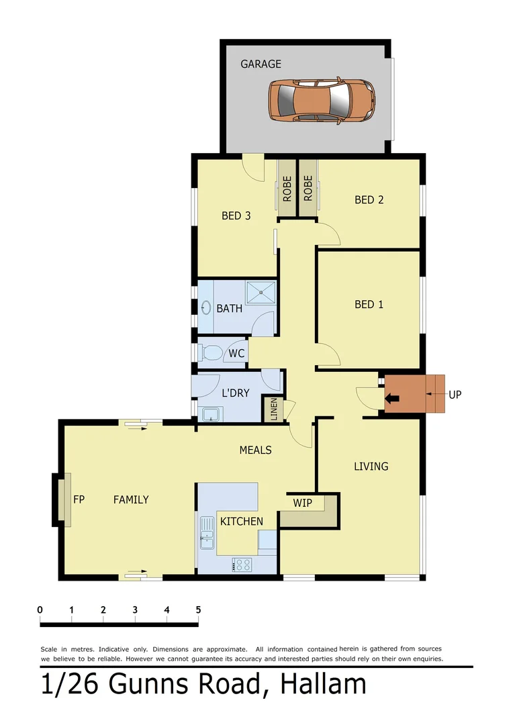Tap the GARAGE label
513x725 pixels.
261,64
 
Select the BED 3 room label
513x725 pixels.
236,215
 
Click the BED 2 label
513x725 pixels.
369,199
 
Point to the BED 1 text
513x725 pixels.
369,304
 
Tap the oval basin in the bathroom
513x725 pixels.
205,309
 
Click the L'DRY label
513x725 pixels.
236,393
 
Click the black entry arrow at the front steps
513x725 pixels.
392,398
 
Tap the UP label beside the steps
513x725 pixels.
455,394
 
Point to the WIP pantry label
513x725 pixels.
302,502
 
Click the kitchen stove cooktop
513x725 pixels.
242,565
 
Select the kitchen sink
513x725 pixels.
206,536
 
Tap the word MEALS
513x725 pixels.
255,450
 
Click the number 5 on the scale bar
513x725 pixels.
198,610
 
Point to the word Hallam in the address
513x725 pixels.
323,685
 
